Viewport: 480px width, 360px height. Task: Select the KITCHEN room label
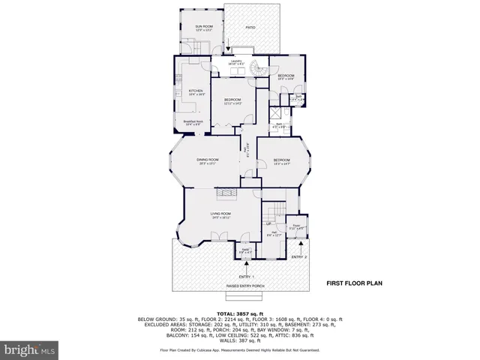(196, 91)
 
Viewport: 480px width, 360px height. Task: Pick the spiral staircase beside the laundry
(259, 68)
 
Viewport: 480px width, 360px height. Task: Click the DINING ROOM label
(207, 160)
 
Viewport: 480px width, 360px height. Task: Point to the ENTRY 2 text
(299, 257)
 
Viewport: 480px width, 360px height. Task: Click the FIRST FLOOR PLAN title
(354, 284)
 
